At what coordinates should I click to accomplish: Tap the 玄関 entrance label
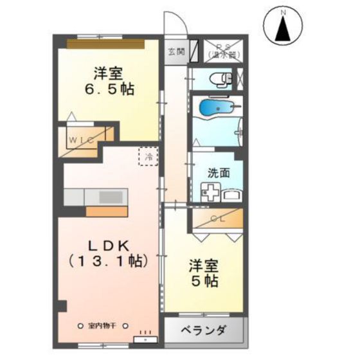[175, 52]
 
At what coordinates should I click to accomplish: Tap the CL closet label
[217, 219]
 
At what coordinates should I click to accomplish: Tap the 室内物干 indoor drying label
[103, 325]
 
